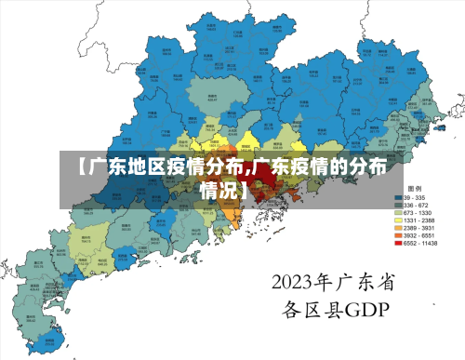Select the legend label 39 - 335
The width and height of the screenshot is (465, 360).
click(415, 198)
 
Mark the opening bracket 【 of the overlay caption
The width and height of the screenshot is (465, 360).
click(80, 167)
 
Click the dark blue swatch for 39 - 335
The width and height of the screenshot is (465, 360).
click(396, 198)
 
